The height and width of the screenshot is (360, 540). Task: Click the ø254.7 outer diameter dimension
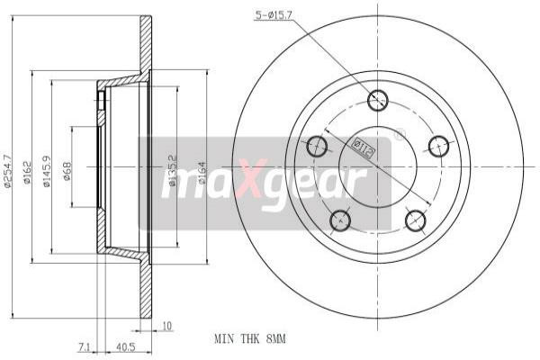tap(8, 169)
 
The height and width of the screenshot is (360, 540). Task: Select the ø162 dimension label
tap(28, 171)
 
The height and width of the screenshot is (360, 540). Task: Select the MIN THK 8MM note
tap(249, 339)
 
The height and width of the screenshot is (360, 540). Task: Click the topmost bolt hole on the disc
tap(378, 100)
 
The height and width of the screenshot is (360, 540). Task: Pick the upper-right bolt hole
tap(438, 146)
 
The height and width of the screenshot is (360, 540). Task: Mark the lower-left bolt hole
tap(340, 219)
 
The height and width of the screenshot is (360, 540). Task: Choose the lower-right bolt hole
tap(415, 219)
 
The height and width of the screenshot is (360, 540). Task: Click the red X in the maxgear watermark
tap(245, 182)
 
